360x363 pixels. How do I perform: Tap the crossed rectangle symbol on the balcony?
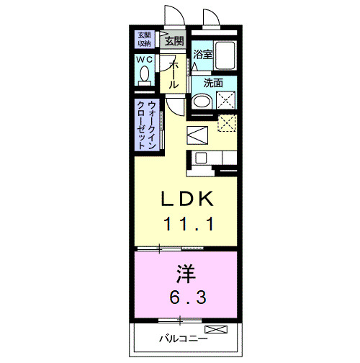(217, 330)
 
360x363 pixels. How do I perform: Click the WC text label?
(145, 60)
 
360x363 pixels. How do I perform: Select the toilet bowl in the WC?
(145, 75)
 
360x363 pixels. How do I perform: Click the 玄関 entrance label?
(174, 41)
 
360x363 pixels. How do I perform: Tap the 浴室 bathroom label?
(202, 53)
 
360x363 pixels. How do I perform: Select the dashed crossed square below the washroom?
(228, 123)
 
